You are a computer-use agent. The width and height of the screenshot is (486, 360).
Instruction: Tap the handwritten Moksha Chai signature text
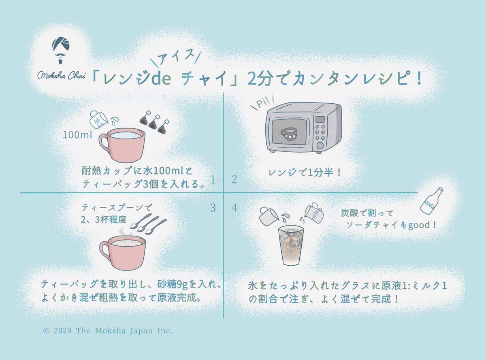(x=61, y=76)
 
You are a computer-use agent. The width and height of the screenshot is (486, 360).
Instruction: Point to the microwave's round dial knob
(x=320, y=145)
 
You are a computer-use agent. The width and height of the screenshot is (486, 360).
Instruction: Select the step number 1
(x=213, y=179)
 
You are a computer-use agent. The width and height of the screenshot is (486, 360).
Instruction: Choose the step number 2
(x=234, y=179)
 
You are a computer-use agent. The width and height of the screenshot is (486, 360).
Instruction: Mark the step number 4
(x=234, y=208)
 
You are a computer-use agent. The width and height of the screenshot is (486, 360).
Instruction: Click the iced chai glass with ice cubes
(x=291, y=245)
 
